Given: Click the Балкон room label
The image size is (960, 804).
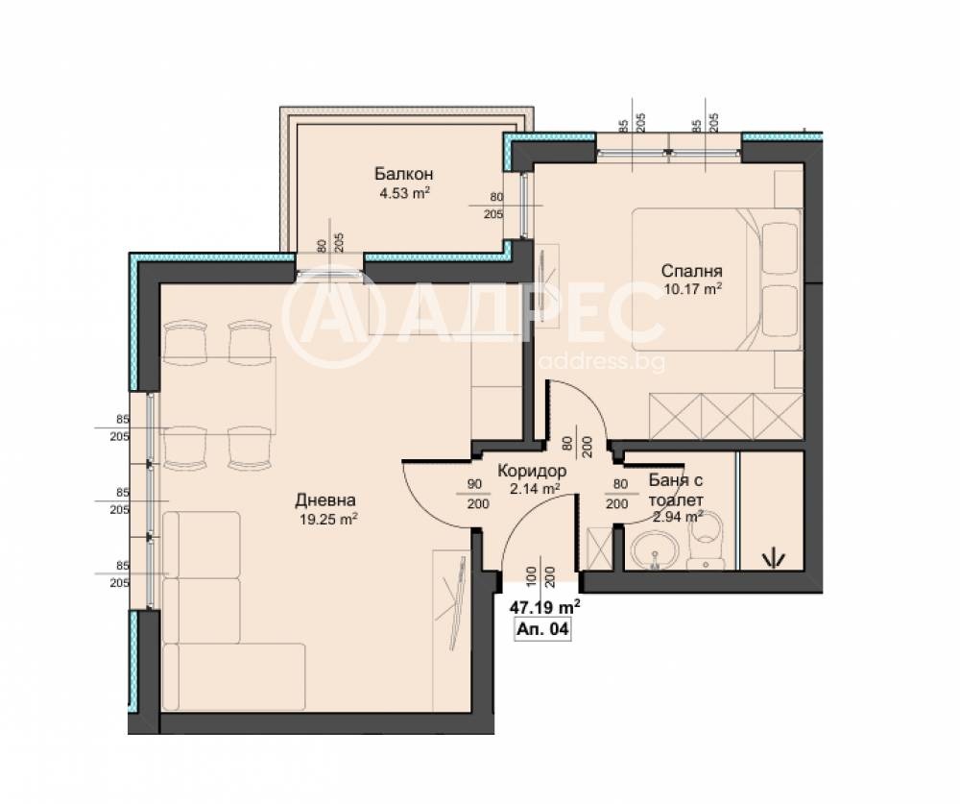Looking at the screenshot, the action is [404, 174].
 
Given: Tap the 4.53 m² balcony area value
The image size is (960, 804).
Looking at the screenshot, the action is [405, 194].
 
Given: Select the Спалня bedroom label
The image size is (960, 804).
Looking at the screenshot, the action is [692, 270].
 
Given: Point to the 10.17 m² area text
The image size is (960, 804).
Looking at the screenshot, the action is [692, 288].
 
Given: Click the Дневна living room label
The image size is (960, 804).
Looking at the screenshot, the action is [325, 500].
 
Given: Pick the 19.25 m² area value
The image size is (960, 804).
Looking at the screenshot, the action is [328, 520].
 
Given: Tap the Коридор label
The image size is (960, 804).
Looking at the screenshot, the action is [532, 471].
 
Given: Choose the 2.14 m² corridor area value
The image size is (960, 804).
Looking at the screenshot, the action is [535, 488].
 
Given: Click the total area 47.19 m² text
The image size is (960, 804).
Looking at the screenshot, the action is [545, 607].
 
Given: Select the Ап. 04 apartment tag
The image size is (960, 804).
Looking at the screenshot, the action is [543, 629].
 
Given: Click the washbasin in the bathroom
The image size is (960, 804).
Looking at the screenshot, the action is [655, 549].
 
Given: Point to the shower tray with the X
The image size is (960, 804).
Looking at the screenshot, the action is [599, 548].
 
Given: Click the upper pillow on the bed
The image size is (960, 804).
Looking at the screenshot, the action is [780, 248].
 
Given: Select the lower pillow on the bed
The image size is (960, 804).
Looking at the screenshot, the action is [780, 310].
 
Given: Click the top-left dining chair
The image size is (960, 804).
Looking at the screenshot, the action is [186, 341].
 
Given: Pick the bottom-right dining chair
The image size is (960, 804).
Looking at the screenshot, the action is [250, 448].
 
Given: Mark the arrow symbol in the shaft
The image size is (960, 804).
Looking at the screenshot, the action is [773, 556].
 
